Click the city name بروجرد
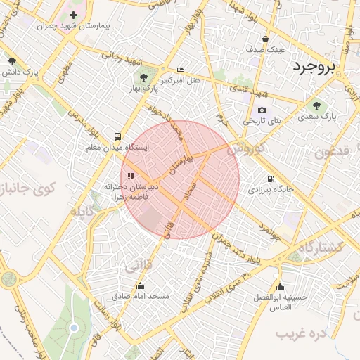(x=315, y=67)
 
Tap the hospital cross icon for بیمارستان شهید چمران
(x=73, y=15)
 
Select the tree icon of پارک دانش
(x=11, y=61)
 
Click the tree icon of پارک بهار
(x=143, y=78)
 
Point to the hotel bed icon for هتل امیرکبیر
(x=181, y=70)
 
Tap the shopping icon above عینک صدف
(x=265, y=39)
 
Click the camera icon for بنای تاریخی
(x=262, y=110)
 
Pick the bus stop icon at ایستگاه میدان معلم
(x=117, y=136)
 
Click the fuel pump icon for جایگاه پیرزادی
(x=271, y=179)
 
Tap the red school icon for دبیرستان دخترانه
(x=129, y=176)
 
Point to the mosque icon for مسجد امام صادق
(x=141, y=285)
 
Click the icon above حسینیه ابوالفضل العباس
(x=280, y=286)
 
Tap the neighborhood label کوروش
(x=247, y=149)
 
